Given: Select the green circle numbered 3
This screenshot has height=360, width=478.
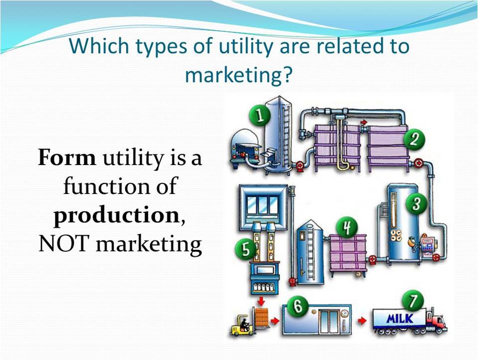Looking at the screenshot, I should tap(413, 203).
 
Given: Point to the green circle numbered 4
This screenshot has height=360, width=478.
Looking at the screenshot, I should tap(344, 228).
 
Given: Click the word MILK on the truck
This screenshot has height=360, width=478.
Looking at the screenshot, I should tap(400, 318).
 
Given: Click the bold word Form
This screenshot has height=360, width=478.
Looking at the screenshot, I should tap(67, 158).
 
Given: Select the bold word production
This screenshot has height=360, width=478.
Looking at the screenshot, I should tap(116, 216).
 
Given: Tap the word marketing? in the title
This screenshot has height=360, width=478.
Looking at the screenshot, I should tap(238, 75).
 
